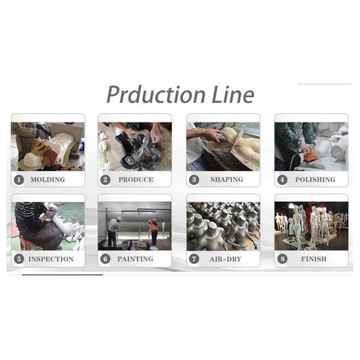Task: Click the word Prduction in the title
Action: click(x=156, y=95)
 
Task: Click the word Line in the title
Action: click(x=233, y=94)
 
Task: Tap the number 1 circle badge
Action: click(x=19, y=180)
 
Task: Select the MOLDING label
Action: click(x=48, y=179)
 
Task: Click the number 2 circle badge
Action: click(x=106, y=180)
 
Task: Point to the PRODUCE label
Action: click(x=136, y=179)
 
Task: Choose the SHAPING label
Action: click(x=227, y=179)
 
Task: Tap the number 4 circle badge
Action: click(x=282, y=180)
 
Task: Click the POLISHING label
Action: click(x=315, y=179)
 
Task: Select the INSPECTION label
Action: click(x=51, y=259)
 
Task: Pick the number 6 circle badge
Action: click(x=106, y=259)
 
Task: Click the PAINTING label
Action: click(x=136, y=259)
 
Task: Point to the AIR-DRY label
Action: click(x=226, y=259)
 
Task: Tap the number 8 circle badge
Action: click(x=282, y=259)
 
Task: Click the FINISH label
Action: click(x=314, y=259)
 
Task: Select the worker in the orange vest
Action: click(x=154, y=232)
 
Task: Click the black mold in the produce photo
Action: click(x=138, y=149)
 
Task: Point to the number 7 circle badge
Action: click(x=194, y=259)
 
